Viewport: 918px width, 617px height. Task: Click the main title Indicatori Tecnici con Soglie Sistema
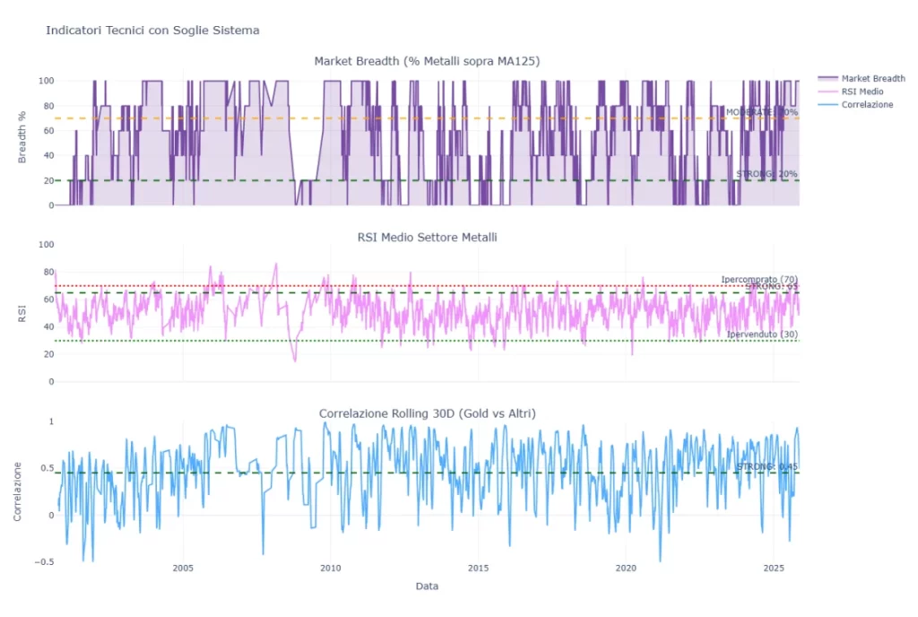pyautogui.click(x=152, y=30)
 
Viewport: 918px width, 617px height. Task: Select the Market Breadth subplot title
pyautogui.click(x=426, y=61)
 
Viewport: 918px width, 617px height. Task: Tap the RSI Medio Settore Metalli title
pyautogui.click(x=426, y=237)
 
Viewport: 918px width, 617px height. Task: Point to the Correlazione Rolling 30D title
pyautogui.click(x=427, y=413)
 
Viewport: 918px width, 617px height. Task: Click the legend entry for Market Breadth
pyautogui.click(x=866, y=78)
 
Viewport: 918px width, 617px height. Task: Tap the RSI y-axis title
pyautogui.click(x=22, y=313)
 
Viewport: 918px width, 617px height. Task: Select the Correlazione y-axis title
pyautogui.click(x=18, y=491)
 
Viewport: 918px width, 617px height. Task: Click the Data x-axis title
pyautogui.click(x=427, y=587)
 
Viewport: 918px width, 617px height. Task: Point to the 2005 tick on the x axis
pyautogui.click(x=183, y=569)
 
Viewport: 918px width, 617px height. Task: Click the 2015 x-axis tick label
pyautogui.click(x=478, y=569)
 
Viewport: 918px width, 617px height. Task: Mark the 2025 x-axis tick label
pyautogui.click(x=773, y=569)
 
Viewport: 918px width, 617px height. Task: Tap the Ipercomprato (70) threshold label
pyautogui.click(x=758, y=279)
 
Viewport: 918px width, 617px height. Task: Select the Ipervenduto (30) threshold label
pyautogui.click(x=761, y=335)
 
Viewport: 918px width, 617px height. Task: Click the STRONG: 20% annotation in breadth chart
pyautogui.click(x=766, y=174)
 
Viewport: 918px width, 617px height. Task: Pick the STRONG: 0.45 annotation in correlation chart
pyautogui.click(x=766, y=466)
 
